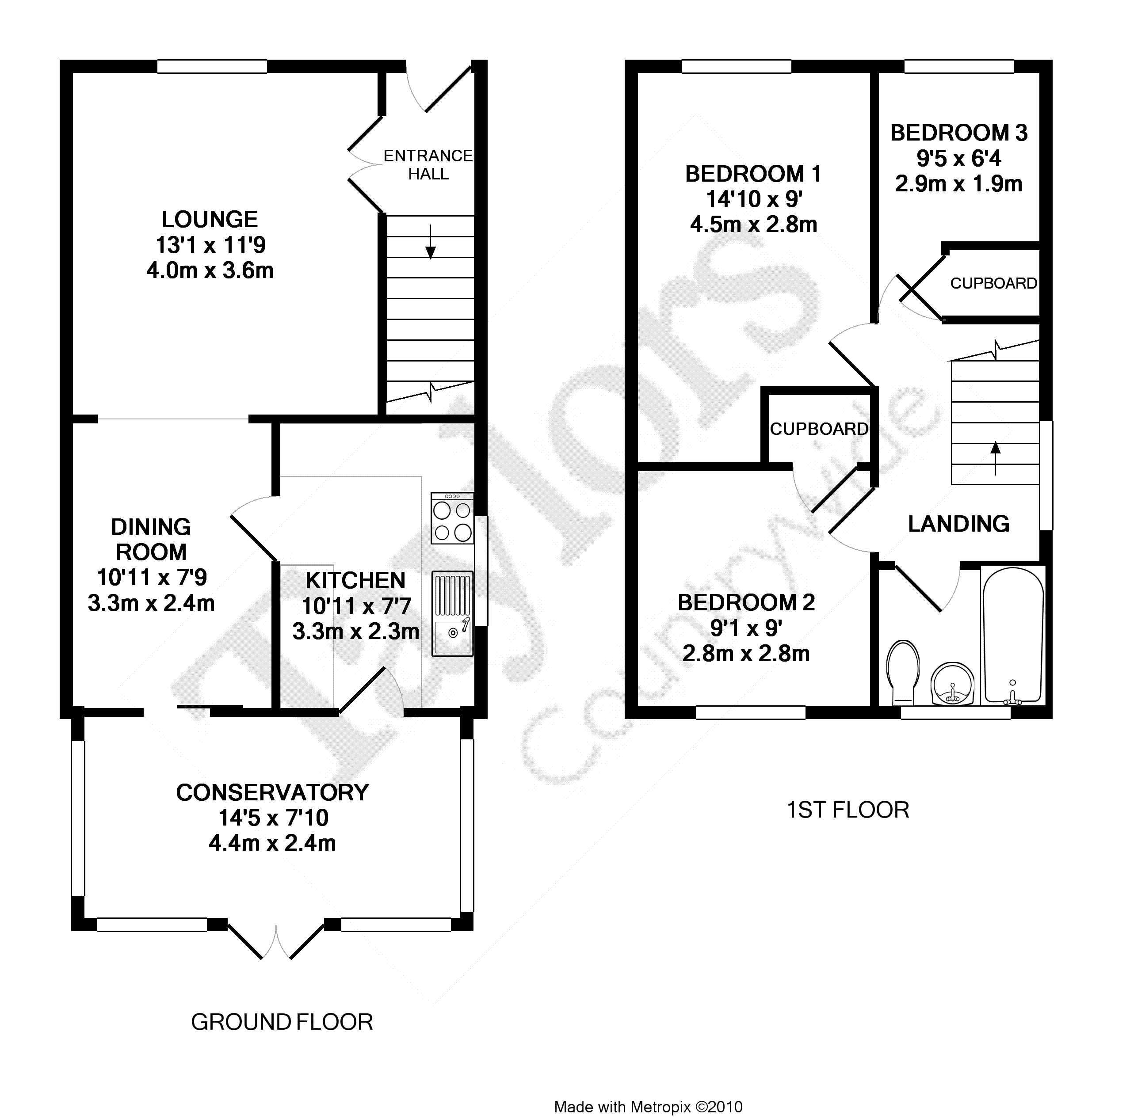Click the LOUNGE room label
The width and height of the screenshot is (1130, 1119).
click(x=210, y=219)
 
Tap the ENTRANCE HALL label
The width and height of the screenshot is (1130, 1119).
click(x=428, y=165)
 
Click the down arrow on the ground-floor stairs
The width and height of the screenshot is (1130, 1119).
click(x=431, y=241)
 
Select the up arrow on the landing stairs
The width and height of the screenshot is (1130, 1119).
click(x=995, y=458)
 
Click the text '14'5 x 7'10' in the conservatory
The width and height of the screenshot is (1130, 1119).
click(x=273, y=817)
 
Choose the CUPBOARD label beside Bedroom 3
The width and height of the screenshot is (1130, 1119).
click(x=993, y=284)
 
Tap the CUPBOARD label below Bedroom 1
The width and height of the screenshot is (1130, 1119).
click(x=819, y=429)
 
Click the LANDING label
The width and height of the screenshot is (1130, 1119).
click(x=958, y=524)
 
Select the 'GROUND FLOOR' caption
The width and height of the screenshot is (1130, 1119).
click(x=282, y=1022)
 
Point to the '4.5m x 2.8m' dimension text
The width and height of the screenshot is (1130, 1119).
click(x=753, y=225)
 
